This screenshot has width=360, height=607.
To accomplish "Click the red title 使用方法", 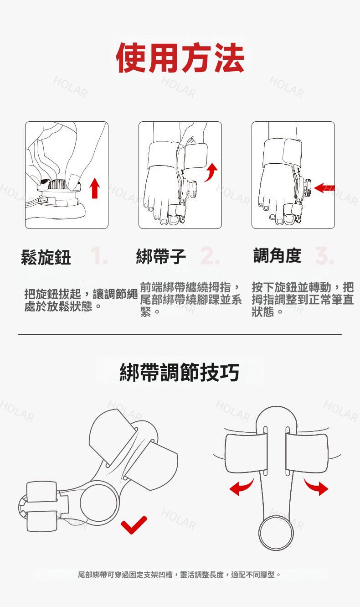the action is click(x=180, y=58).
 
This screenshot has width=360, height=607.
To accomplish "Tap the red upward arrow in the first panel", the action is click(x=95, y=188).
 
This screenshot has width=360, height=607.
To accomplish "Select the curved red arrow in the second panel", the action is click(x=211, y=173).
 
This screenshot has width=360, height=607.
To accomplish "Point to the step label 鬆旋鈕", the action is click(x=46, y=257).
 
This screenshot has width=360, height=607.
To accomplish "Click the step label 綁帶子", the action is click(x=161, y=256).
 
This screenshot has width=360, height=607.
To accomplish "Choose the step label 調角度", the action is click(x=277, y=255).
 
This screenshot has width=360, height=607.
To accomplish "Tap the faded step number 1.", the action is click(x=99, y=256).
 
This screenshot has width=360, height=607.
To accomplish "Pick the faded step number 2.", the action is click(x=210, y=256).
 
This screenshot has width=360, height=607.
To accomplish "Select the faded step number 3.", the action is click(x=324, y=255).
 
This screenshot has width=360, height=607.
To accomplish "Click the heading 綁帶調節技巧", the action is click(x=180, y=372).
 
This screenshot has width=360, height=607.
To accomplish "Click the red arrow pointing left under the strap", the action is click(x=242, y=487).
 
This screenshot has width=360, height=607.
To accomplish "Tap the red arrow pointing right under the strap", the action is click(x=316, y=487).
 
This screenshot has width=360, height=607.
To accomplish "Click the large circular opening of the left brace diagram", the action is click(x=99, y=503).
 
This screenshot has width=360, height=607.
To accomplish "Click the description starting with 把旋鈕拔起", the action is click(x=81, y=300).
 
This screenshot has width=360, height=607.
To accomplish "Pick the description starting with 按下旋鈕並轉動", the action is click(x=303, y=299).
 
